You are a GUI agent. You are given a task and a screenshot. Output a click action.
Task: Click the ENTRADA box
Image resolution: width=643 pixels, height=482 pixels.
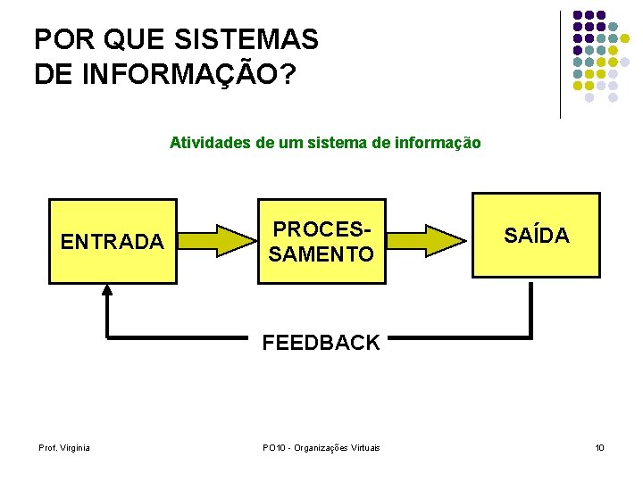111,241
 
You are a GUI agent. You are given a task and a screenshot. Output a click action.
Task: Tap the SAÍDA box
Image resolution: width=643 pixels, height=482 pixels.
536,236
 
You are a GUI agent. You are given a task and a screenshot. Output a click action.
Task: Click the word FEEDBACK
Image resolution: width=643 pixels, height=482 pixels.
321,343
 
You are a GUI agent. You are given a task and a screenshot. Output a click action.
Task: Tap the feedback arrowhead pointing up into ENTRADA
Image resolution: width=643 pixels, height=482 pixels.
107,291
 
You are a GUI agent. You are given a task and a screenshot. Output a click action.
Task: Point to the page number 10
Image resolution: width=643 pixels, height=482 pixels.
599,447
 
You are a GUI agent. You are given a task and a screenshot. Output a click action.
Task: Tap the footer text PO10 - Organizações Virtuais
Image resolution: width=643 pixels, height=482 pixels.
321,447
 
